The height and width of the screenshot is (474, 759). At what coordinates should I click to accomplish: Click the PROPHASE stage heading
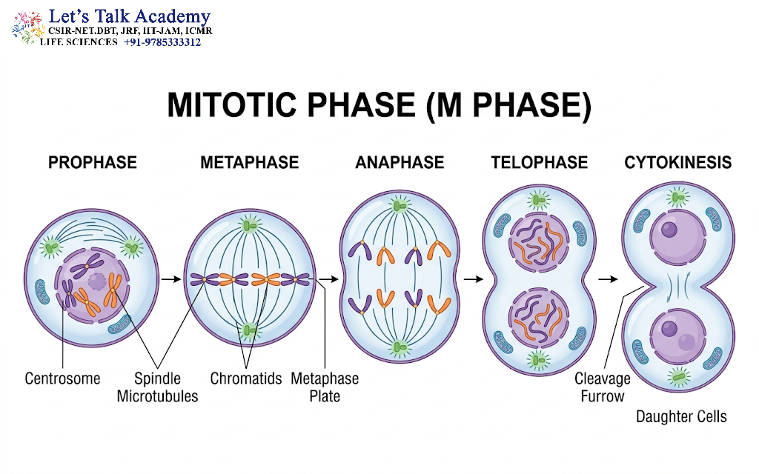(93, 162)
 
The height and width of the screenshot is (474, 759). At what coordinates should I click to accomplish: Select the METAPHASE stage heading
(250, 162)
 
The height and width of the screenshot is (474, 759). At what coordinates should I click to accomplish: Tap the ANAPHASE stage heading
(400, 162)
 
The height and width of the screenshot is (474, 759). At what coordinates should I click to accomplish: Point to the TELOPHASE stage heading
(540, 162)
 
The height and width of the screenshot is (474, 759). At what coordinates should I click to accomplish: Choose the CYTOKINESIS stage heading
(678, 162)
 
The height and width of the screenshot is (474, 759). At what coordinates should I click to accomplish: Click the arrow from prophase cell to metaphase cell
(171, 279)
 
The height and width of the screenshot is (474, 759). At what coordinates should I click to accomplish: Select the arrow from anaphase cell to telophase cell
(474, 279)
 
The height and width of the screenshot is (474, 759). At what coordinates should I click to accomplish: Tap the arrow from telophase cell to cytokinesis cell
(608, 279)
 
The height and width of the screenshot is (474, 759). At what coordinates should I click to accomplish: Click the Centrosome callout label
(62, 378)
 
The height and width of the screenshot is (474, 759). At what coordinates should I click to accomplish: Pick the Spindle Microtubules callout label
(158, 387)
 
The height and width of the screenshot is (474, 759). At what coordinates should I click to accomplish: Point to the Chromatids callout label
(246, 378)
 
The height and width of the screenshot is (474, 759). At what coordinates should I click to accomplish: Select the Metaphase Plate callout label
(325, 387)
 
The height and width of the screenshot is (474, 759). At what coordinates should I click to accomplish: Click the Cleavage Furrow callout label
(603, 387)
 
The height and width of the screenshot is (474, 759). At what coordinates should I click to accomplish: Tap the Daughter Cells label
(682, 416)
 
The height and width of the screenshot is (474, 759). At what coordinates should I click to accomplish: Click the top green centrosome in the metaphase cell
(250, 225)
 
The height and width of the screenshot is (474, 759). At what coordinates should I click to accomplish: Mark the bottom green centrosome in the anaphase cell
(400, 347)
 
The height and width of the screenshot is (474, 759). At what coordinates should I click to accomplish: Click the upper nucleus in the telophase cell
(538, 242)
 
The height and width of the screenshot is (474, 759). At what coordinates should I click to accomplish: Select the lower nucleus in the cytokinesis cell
(677, 337)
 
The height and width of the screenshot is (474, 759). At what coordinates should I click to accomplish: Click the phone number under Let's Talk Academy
(162, 42)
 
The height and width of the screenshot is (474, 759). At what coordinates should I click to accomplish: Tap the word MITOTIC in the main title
(231, 105)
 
